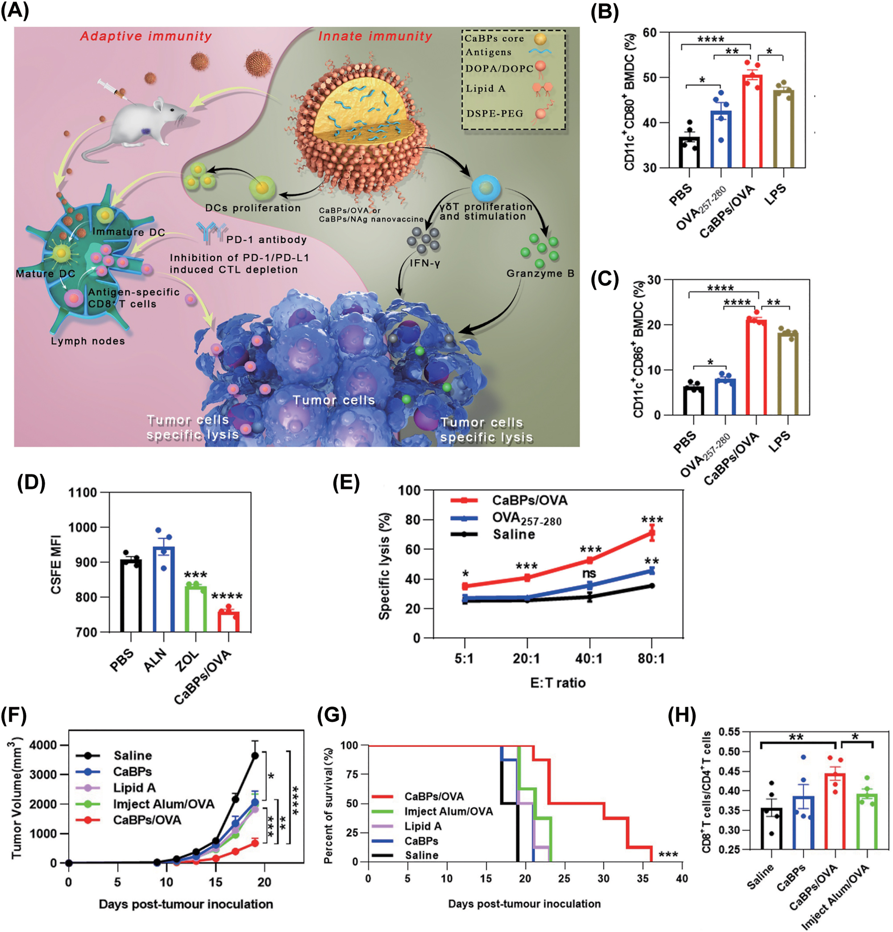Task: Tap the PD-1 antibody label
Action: coord(266,240)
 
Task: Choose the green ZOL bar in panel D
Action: coord(196,609)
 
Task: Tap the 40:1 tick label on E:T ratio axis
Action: coord(590,659)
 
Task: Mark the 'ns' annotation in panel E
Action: coord(589,573)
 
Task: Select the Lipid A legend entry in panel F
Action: coord(134,788)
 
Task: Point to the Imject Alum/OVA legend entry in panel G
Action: coord(448,811)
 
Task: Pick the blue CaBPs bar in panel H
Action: coord(804,823)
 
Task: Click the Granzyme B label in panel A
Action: coord(540,273)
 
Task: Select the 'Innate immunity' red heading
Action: coord(375,36)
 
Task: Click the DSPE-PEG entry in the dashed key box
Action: coord(494,114)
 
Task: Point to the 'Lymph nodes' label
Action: coord(88,341)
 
